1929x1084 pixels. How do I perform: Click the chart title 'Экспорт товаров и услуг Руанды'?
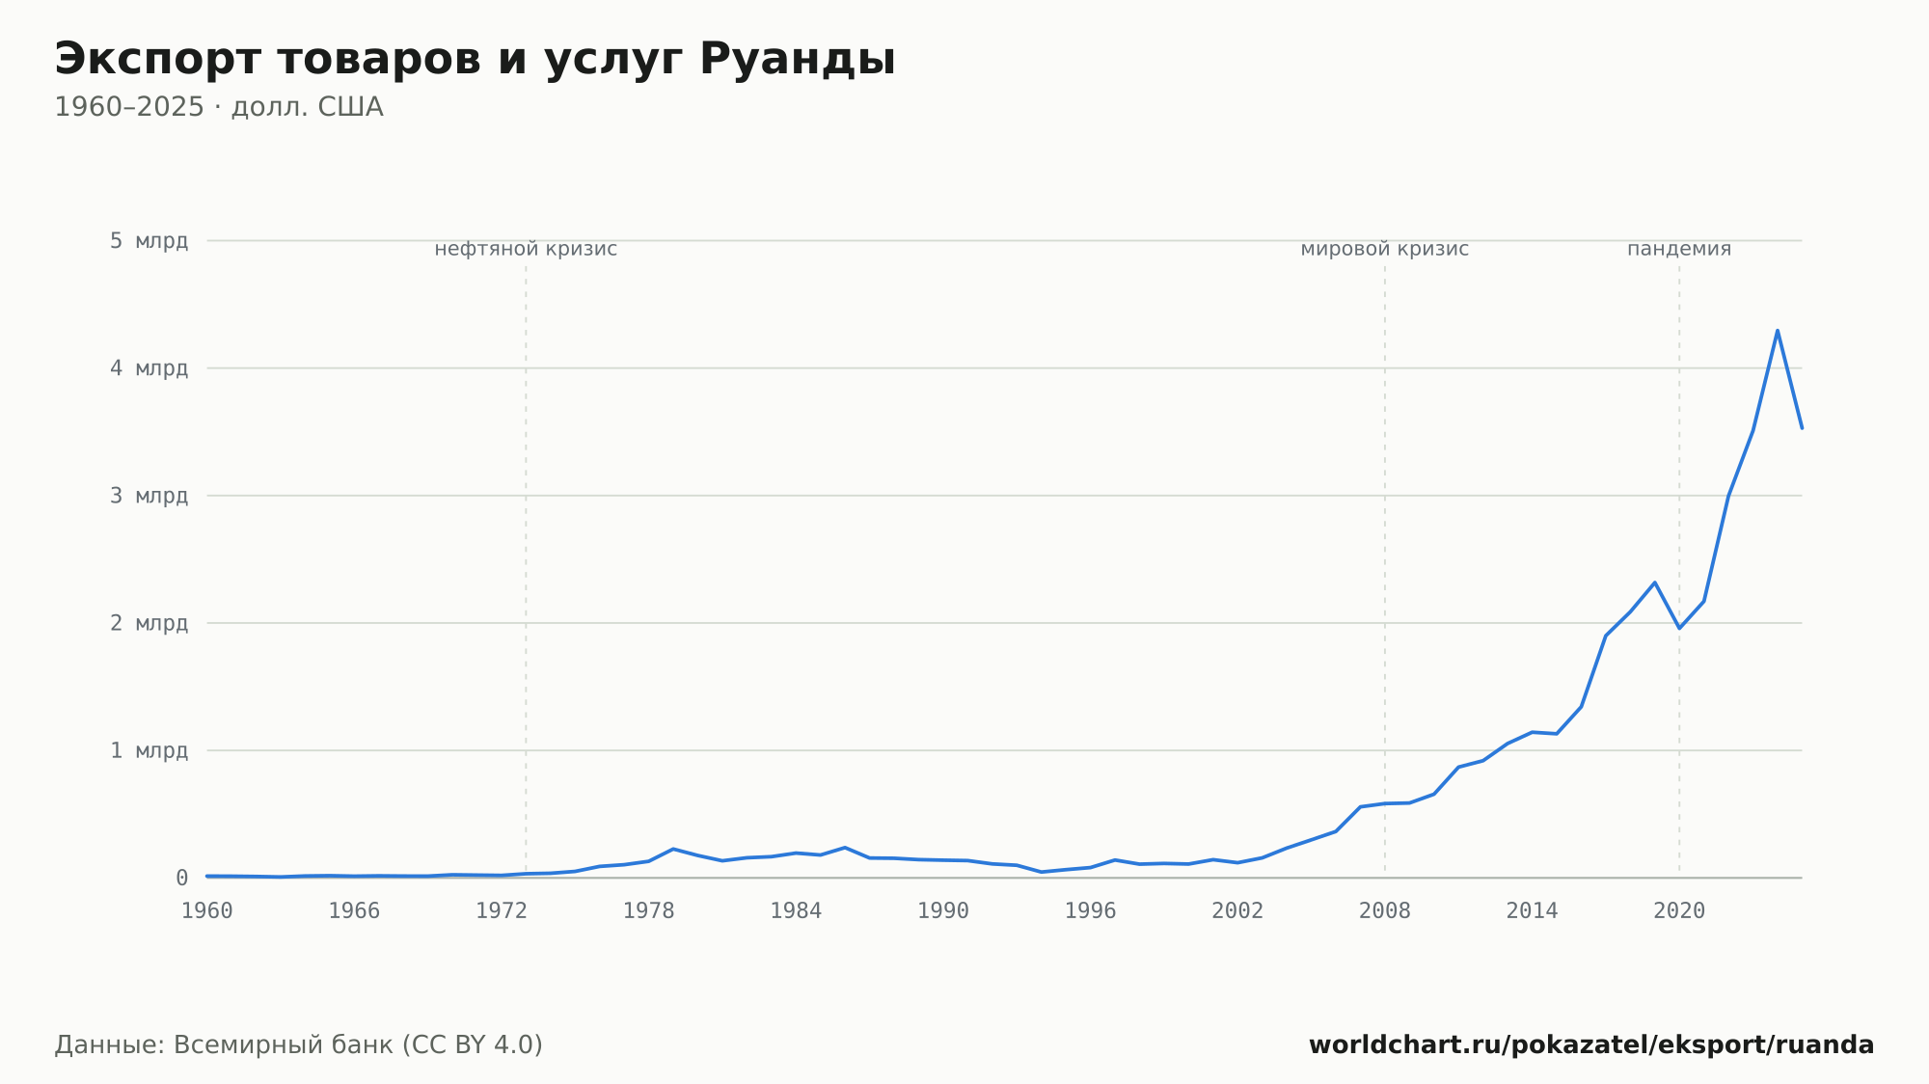(x=475, y=60)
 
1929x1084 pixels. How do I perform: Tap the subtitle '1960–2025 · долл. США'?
(x=219, y=107)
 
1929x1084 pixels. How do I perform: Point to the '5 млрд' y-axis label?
(x=149, y=240)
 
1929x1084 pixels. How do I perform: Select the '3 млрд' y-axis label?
(x=149, y=496)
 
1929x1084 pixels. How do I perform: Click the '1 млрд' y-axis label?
(x=149, y=750)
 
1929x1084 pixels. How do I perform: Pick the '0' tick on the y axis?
(x=181, y=878)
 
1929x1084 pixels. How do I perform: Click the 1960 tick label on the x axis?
(x=207, y=911)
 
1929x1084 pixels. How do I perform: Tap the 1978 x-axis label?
(x=648, y=911)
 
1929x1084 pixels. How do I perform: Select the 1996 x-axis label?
(x=1090, y=911)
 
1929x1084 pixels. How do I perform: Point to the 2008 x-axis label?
(x=1385, y=911)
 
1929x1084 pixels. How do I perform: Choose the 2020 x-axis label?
(x=1679, y=911)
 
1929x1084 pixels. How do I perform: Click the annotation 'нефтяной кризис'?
(x=526, y=249)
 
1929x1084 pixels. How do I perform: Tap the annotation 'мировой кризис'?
(x=1385, y=249)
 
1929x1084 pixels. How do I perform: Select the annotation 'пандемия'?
(x=1679, y=249)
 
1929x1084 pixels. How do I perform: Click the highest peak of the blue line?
(x=1777, y=331)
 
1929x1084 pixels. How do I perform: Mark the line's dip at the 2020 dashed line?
(x=1679, y=628)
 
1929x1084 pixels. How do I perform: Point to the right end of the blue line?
(x=1802, y=427)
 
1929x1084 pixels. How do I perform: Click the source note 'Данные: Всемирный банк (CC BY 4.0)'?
(x=298, y=1044)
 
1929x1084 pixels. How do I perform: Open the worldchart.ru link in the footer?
(x=1591, y=1044)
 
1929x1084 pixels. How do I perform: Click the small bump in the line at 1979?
(x=672, y=849)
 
